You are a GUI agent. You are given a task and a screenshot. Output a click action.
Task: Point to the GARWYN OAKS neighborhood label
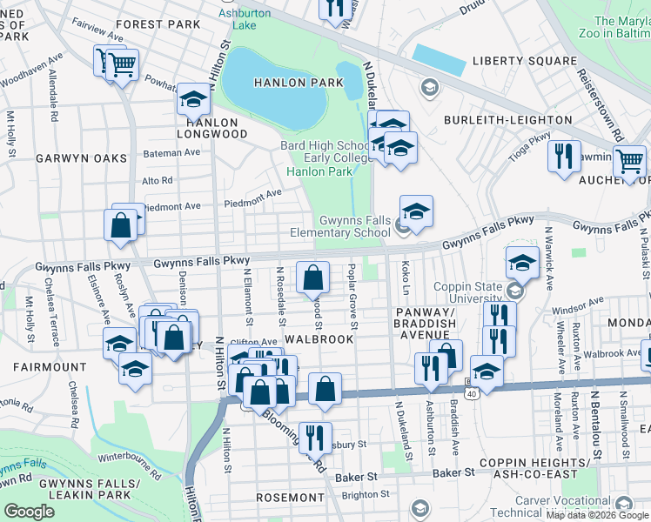tap(81, 158)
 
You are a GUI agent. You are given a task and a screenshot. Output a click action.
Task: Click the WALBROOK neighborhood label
tap(319, 338)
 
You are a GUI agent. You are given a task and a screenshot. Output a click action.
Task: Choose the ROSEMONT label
tap(291, 497)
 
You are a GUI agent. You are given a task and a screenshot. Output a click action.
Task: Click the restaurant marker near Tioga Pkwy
tap(564, 157)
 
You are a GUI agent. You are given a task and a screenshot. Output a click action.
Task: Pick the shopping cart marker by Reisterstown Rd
tap(628, 162)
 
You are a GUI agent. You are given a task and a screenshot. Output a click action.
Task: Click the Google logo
tap(29, 512)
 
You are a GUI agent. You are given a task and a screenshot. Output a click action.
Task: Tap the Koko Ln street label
tap(404, 278)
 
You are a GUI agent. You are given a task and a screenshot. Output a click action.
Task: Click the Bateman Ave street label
tap(171, 153)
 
